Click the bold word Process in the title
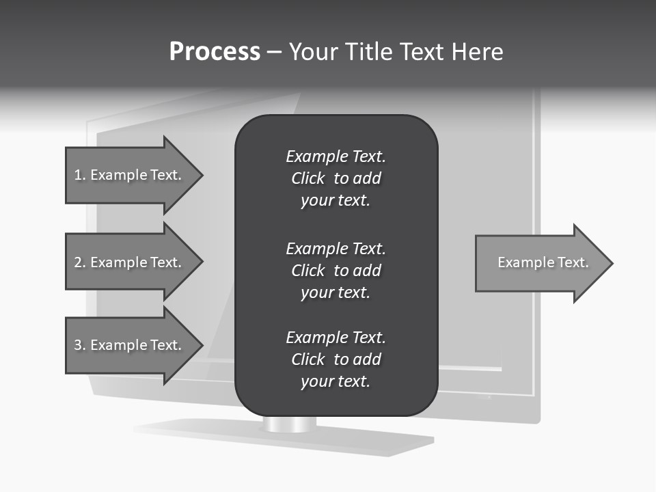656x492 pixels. tap(215, 52)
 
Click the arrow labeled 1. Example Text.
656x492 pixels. tap(130, 175)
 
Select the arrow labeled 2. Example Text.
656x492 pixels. tap(130, 262)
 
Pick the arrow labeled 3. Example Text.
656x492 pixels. tap(130, 345)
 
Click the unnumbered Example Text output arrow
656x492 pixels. tap(540, 263)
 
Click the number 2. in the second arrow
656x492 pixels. tap(79, 262)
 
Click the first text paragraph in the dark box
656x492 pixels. tap(336, 178)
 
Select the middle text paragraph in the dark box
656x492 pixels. tap(336, 271)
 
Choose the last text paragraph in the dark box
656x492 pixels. tap(336, 359)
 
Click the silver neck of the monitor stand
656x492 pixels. tap(290, 424)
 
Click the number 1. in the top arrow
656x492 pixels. tap(79, 175)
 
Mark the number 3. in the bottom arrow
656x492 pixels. tap(79, 345)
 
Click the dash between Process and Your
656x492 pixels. tap(275, 53)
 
